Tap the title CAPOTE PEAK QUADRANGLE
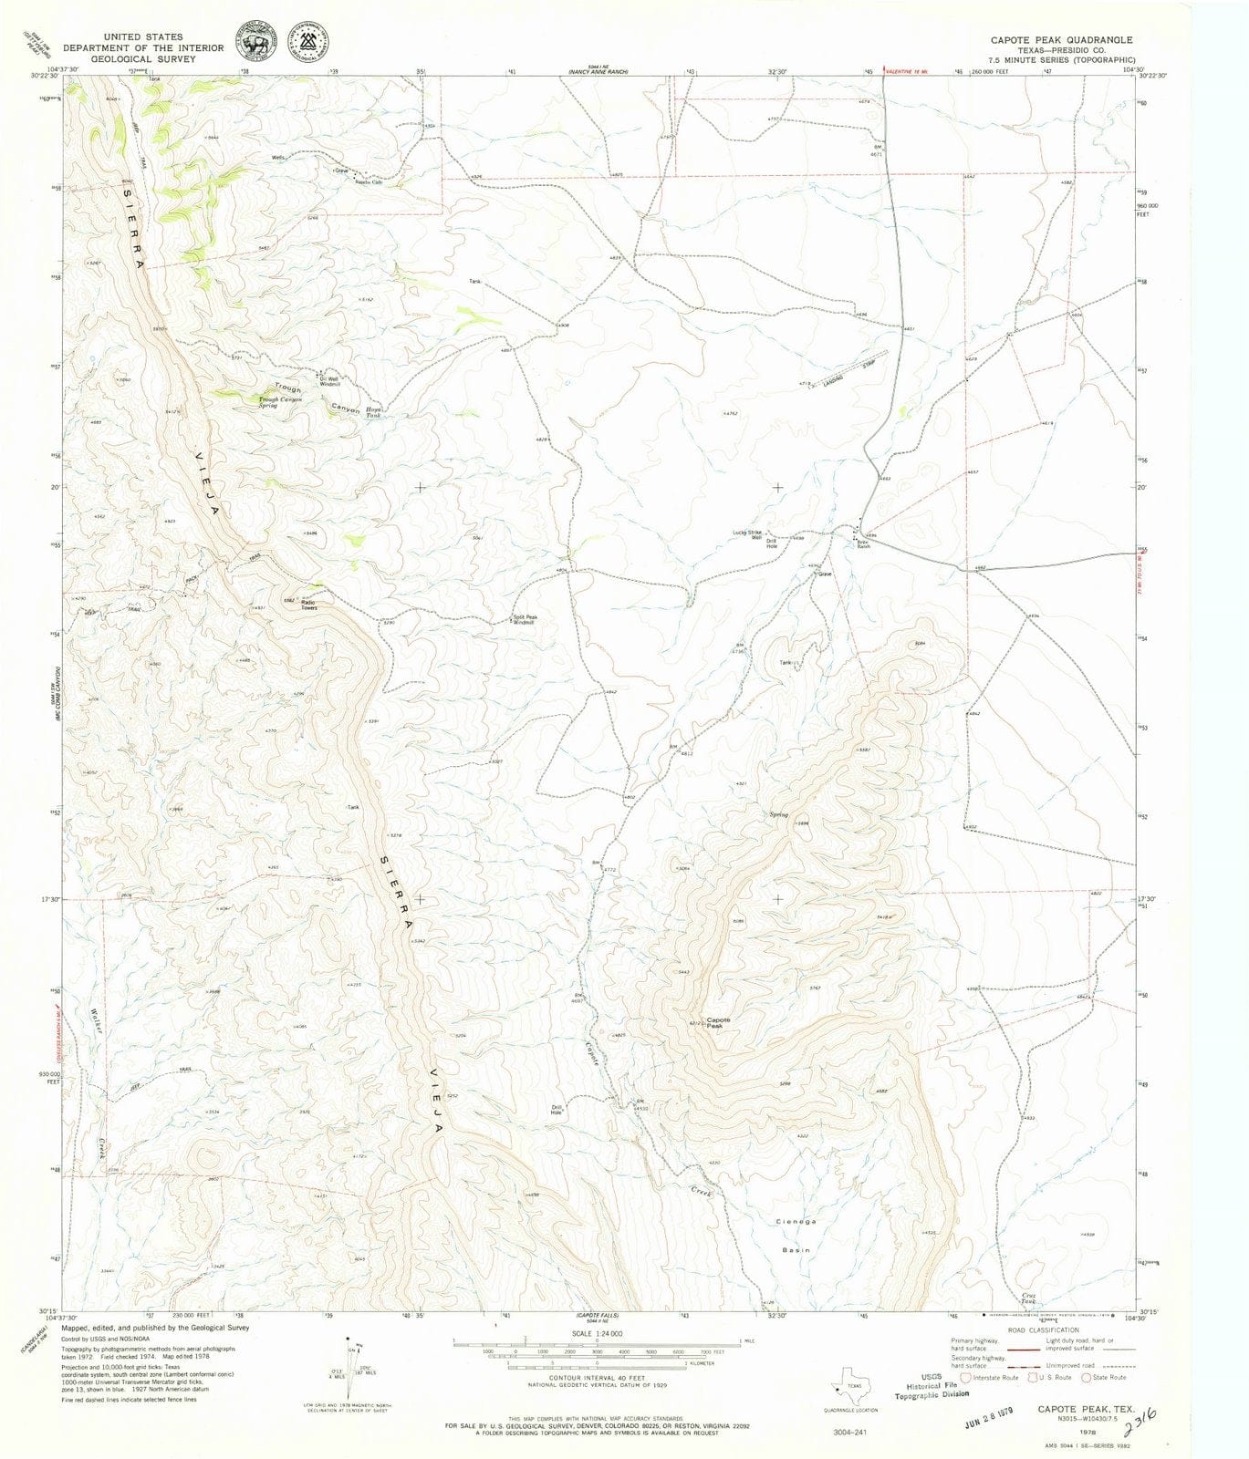tap(1062, 40)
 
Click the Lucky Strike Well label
tap(746, 535)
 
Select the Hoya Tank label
tap(375, 413)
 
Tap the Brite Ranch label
tap(862, 543)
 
